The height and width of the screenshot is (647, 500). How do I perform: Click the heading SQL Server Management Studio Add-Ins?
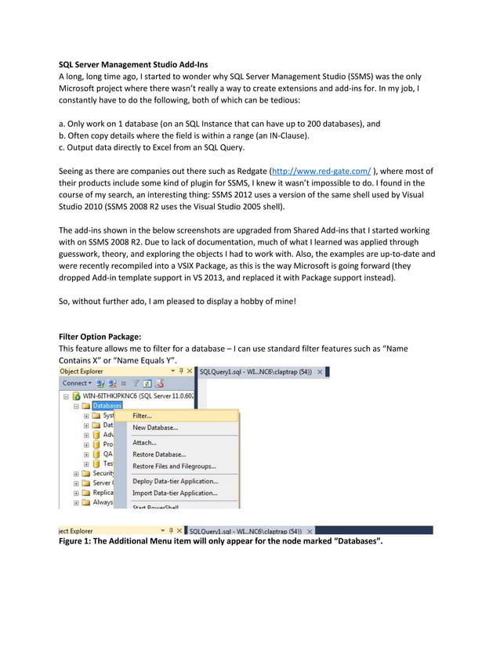[134, 63]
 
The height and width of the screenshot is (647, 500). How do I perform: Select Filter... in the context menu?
[143, 416]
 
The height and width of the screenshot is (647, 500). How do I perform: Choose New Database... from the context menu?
[155, 428]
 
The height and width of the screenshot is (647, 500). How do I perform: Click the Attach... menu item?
[145, 443]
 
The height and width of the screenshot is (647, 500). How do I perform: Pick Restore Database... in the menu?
[159, 454]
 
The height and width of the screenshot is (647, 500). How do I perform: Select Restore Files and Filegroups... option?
[174, 466]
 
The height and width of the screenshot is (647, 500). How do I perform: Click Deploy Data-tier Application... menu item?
[175, 481]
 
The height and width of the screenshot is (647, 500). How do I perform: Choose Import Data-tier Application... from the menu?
[175, 493]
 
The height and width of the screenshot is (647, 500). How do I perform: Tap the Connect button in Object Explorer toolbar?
[76, 383]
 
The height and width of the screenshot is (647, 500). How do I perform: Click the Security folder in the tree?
[103, 473]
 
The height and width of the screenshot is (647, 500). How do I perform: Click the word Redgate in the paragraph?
[248, 171]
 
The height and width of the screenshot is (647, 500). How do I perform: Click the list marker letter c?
[63, 147]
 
